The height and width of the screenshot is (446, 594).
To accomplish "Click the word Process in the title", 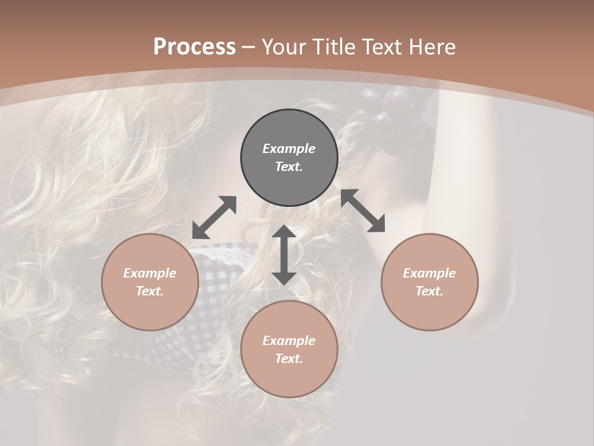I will pos(194,47).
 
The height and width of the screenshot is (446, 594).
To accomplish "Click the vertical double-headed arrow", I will pos(284,255).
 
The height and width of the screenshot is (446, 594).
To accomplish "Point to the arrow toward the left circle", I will pos(214,217).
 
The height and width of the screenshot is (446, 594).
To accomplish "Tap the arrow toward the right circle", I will pos(363,211).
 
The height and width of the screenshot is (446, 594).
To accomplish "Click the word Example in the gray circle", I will pos(289,149).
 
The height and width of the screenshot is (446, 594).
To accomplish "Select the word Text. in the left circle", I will pos(150,291).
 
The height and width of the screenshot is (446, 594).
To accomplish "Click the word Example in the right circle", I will pos(429,273).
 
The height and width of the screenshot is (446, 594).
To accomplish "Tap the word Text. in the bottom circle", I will pos(289,359).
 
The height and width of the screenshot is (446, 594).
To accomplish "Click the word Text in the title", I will pos(384,47).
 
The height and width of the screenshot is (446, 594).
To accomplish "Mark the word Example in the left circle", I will pos(150,273).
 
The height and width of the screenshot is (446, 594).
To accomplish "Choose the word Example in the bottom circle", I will pos(289,341).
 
